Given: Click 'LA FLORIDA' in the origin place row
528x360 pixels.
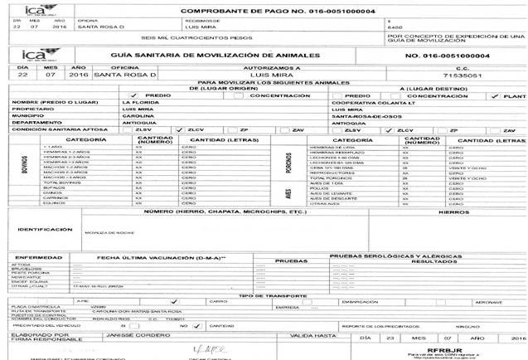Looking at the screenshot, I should (138, 101).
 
